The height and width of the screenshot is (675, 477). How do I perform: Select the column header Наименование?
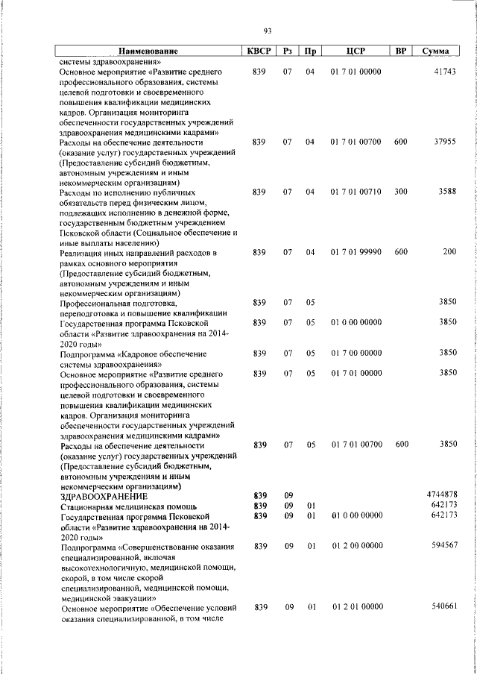click(x=145, y=51)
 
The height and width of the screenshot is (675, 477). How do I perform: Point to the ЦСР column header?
click(x=354, y=51)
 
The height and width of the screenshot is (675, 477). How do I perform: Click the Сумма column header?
click(x=435, y=51)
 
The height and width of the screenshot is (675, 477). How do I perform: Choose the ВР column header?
click(x=401, y=51)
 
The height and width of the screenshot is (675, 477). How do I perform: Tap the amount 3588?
click(x=446, y=192)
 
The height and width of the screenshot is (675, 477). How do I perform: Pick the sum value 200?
click(x=449, y=253)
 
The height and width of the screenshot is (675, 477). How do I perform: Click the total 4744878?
click(x=441, y=495)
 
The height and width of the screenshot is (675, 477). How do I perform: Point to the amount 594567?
click(x=443, y=546)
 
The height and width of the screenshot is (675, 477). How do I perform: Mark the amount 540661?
click(x=443, y=607)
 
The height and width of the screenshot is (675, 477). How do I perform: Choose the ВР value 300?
click(x=401, y=192)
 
